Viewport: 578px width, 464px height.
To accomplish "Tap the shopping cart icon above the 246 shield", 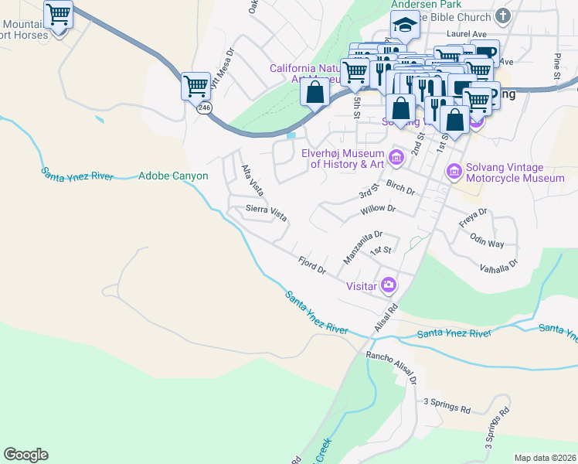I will pos(196,84).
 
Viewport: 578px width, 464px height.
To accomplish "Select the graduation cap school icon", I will pos(404,26).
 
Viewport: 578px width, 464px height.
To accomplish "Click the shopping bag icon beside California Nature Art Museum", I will pos(314,91).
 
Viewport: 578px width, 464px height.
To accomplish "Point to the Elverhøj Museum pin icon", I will pos(396,158).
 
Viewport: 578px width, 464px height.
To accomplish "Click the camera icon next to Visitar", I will pos(388,285).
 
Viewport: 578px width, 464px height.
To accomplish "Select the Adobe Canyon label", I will pos(173,176).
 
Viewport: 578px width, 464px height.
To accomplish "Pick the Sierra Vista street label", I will pos(266,213).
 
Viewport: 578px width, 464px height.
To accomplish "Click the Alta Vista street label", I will pos(251,179).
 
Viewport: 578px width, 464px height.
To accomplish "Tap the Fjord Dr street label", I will pos(312,265).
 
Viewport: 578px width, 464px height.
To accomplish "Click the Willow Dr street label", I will pos(378,210).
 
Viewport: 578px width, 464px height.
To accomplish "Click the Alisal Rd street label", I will pos(386,318).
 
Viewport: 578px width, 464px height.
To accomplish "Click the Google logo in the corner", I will pos(25,455).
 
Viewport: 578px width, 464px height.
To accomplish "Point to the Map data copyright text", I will pos(545,458).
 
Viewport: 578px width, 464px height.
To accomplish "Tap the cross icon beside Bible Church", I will pos(502,16).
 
